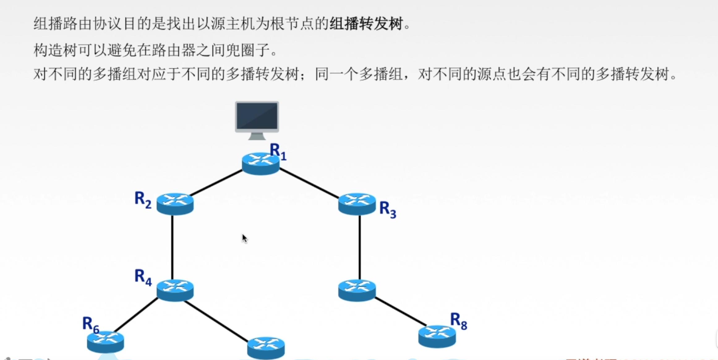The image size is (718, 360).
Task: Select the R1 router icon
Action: pos(260,164)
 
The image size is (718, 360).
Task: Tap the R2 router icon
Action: pos(175,204)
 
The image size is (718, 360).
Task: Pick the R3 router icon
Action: pos(357,204)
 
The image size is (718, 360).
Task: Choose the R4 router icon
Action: pos(175,290)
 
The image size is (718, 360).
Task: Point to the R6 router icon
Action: pos(105,341)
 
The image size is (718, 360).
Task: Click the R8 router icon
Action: pos(437,336)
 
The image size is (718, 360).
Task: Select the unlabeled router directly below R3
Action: pos(357,290)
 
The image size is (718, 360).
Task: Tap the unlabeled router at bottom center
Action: pos(266,348)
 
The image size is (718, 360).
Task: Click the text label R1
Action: pos(278,152)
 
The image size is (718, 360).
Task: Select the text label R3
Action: pos(388,210)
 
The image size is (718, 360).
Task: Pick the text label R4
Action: pos(143,277)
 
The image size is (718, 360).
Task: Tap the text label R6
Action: pos(91,324)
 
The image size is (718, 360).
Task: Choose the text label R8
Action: pos(459,321)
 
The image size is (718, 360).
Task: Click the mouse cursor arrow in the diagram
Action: pos(245,238)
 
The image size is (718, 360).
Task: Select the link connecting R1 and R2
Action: pos(216,183)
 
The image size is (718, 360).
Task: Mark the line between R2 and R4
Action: pos(172,247)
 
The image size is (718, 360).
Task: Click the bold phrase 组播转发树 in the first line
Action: pos(366,24)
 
